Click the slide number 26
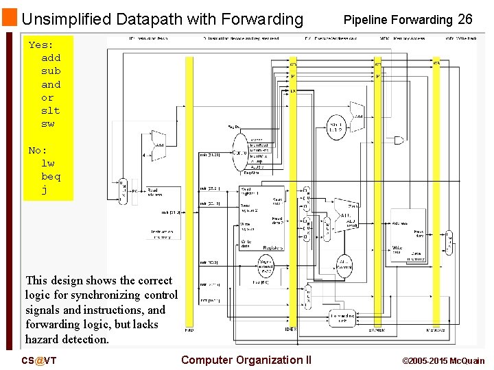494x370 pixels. [x=465, y=19]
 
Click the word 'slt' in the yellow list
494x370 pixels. [x=51, y=110]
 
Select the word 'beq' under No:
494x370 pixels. [x=51, y=176]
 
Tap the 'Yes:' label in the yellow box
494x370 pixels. [x=40, y=45]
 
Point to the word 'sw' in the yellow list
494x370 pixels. [x=47, y=123]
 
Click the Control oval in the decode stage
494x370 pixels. [x=240, y=152]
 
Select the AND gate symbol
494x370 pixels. [x=399, y=140]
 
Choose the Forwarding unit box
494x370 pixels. [x=341, y=318]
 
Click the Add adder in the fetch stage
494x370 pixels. [x=158, y=144]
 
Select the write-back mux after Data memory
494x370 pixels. [x=449, y=241]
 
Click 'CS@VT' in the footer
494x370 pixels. [x=38, y=360]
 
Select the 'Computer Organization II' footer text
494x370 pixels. [x=246, y=360]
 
